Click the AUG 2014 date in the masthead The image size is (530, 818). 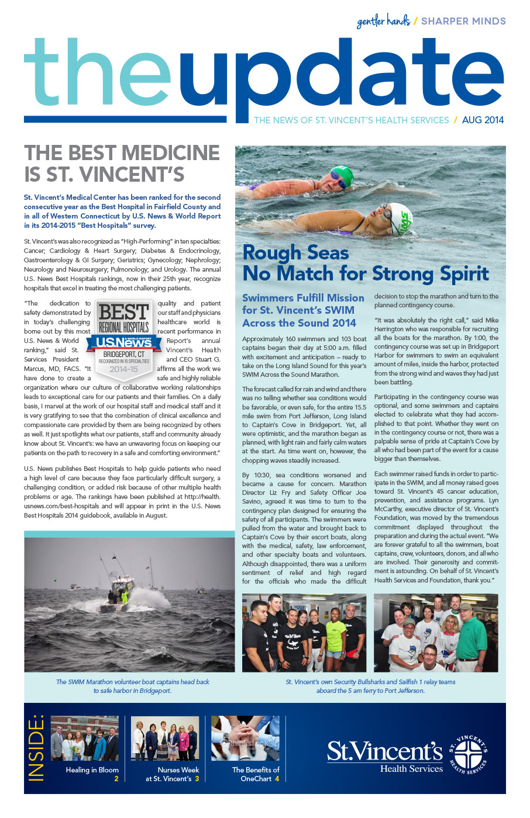coord(483,120)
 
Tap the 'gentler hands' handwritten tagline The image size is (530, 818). coord(383,22)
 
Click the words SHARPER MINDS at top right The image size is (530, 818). coord(463,21)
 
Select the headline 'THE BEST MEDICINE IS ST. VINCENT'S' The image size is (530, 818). coord(122,163)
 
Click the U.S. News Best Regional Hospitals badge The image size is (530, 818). coord(124,339)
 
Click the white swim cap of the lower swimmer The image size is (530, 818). coord(400,217)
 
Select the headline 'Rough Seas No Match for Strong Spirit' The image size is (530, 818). coord(365,263)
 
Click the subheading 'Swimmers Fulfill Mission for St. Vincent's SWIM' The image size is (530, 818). coord(303,310)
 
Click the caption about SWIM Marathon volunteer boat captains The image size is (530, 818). coord(133,686)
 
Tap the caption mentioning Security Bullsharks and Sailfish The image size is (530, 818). coord(370,686)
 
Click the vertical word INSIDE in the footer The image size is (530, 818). coord(36,747)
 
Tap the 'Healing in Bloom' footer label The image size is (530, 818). coord(92,770)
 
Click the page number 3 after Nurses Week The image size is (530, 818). coord(197,779)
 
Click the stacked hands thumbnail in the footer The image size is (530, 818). coord(245,738)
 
